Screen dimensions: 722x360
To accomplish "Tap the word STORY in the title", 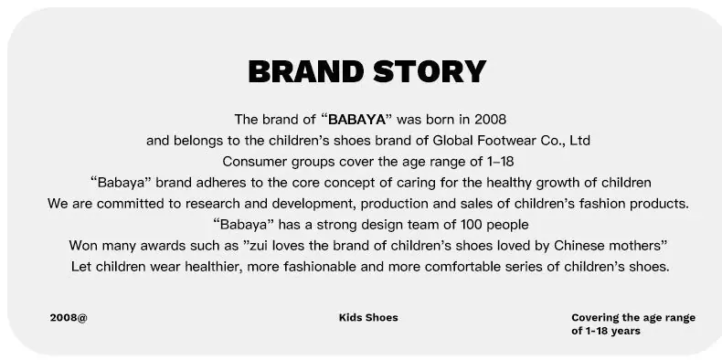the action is [x=430, y=72].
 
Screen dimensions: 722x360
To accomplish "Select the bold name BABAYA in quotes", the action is [x=356, y=120].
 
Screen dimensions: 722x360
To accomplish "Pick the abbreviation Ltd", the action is [x=579, y=141].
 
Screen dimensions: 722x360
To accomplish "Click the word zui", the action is [x=259, y=246].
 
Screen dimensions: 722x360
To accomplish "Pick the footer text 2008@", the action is [x=69, y=318].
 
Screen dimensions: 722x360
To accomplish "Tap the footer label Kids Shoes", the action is [x=368, y=318].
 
